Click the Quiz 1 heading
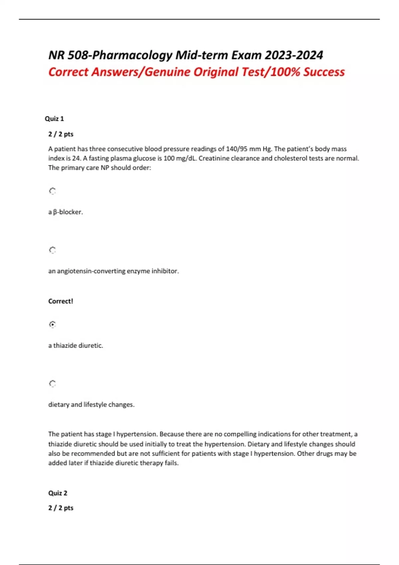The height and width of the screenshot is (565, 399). click(54, 119)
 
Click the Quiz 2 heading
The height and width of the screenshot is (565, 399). click(58, 493)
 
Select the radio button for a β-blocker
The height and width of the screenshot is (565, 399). click(53, 191)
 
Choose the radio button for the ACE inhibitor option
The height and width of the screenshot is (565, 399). click(53, 250)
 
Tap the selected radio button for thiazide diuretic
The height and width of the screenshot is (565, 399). click(53, 324)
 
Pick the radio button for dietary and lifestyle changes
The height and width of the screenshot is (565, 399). click(53, 384)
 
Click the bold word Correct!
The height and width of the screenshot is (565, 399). click(61, 301)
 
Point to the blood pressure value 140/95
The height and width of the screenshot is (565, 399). click(236, 149)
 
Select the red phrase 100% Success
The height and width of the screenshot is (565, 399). click(308, 72)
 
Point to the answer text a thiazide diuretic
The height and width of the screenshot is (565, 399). click(75, 346)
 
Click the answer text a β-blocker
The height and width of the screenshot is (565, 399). click(66, 212)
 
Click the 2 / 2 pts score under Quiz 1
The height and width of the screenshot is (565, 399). click(61, 134)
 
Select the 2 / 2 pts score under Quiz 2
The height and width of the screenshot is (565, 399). click(61, 508)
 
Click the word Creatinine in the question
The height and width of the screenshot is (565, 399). click(213, 159)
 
